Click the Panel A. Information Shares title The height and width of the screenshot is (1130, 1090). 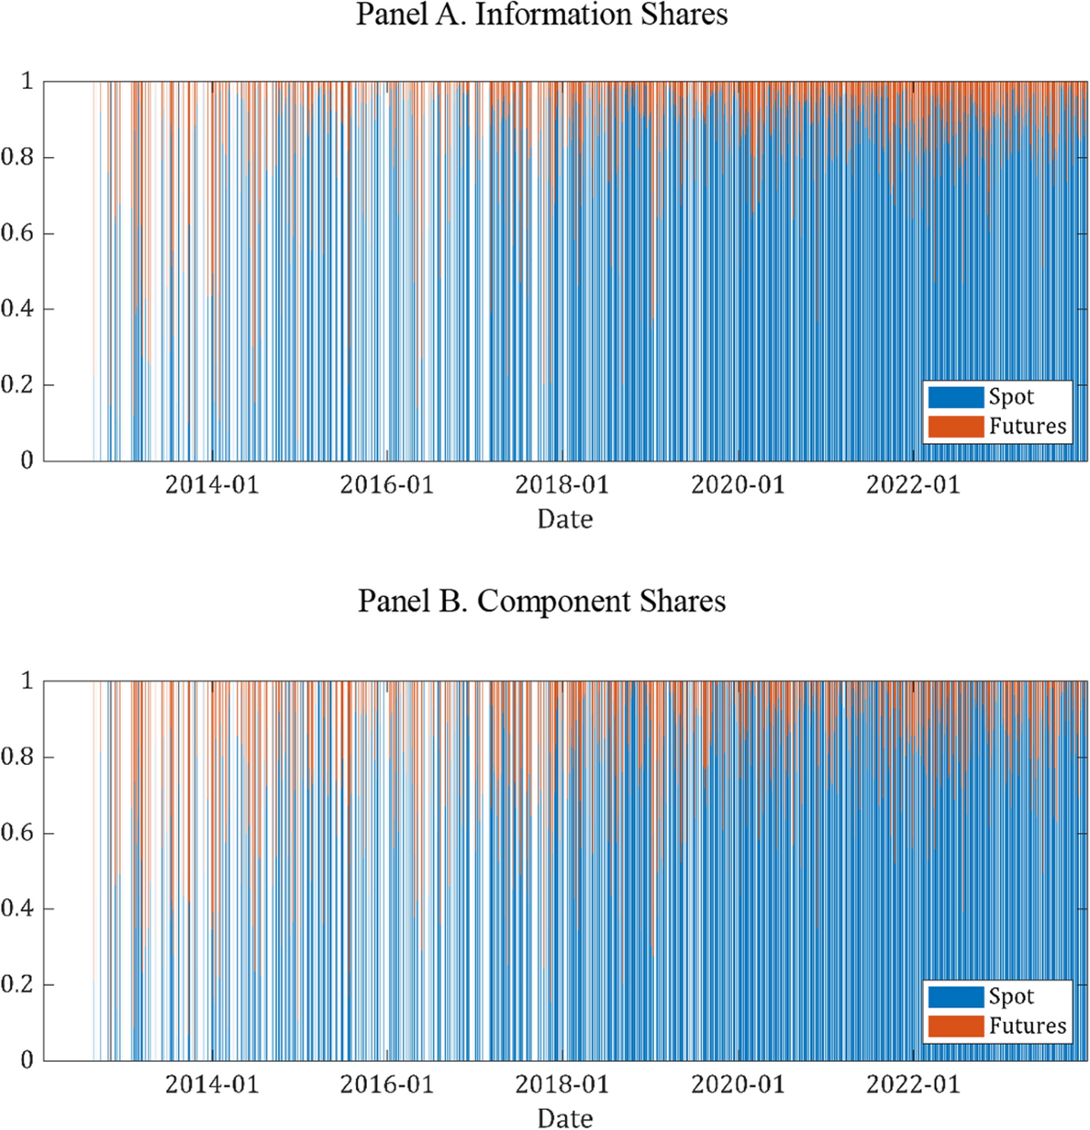[x=541, y=15]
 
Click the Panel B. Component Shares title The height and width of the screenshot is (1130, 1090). [x=541, y=601]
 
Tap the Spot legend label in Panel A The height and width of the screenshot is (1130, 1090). [x=1011, y=397]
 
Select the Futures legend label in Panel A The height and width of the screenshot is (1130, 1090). [x=1027, y=426]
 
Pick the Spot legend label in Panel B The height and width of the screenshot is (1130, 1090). [x=1011, y=996]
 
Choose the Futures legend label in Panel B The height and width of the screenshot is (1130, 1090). [x=1027, y=1026]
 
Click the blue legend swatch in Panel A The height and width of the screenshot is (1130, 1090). [x=956, y=397]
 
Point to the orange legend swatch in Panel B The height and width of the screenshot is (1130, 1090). [x=956, y=1026]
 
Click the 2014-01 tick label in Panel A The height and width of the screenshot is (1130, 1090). [x=212, y=485]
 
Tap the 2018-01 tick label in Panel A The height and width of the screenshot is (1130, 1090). [x=562, y=485]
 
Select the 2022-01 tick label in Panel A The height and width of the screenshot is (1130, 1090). [x=913, y=485]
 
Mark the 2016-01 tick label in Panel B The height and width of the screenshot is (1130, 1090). [x=387, y=1085]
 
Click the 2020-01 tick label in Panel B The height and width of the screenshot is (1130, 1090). [x=738, y=1085]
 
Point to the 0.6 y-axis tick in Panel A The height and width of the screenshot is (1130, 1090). [x=16, y=233]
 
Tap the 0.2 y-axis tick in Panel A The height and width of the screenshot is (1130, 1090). [x=16, y=385]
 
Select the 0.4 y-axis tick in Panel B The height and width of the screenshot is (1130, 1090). [x=16, y=909]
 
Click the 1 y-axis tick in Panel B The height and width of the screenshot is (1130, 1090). [x=26, y=681]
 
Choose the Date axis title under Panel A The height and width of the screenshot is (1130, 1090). [x=565, y=520]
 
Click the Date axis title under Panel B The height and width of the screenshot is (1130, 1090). [x=565, y=1119]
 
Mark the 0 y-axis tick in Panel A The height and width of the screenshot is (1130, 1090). [x=26, y=461]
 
